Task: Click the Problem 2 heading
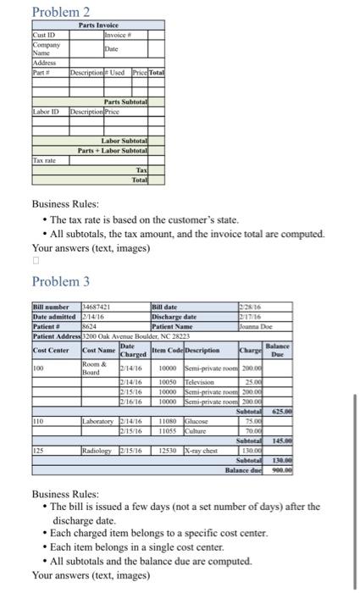pyautogui.click(x=60, y=12)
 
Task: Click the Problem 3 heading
pyautogui.click(x=61, y=280)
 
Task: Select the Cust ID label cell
pyautogui.click(x=42, y=35)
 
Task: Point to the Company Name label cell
pyautogui.click(x=43, y=48)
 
